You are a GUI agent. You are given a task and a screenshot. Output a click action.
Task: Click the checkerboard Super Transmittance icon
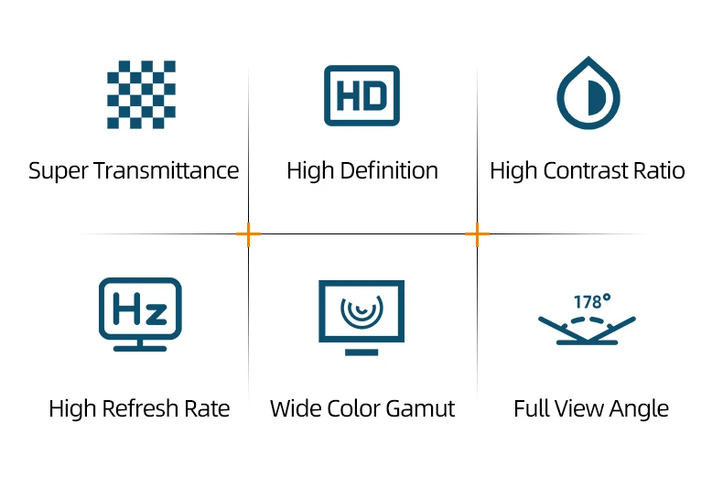click(x=141, y=94)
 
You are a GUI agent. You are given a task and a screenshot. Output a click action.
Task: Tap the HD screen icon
click(x=361, y=95)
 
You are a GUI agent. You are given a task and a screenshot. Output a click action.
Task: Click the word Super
click(x=58, y=171)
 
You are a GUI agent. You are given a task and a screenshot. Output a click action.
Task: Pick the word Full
click(x=532, y=408)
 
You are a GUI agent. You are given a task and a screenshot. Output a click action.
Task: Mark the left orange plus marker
click(x=248, y=234)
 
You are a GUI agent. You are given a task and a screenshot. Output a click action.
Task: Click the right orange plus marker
click(x=477, y=234)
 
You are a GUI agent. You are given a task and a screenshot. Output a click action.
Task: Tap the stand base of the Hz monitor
click(x=140, y=347)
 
